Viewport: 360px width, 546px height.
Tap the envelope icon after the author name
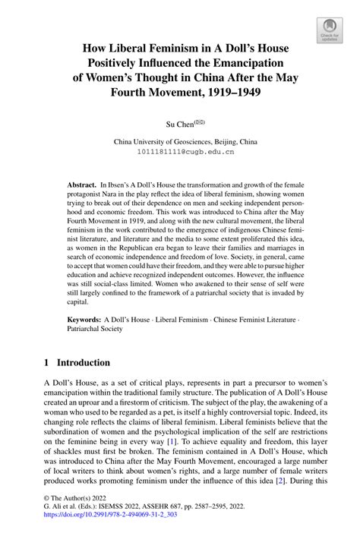(x=199, y=120)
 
